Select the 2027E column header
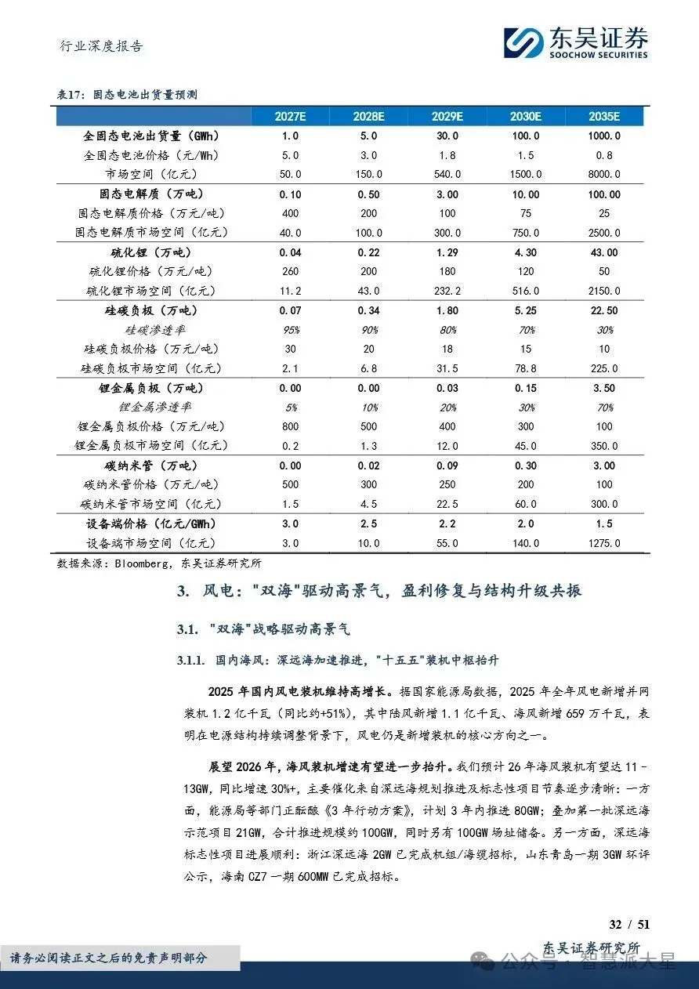(290, 117)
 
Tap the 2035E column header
(603, 117)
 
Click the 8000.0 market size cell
(603, 174)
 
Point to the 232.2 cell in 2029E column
(447, 291)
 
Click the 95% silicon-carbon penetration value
(290, 330)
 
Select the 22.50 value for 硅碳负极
(603, 310)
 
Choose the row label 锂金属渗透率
(155, 408)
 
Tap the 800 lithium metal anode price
(290, 426)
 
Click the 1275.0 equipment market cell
(603, 543)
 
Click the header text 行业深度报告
(102, 46)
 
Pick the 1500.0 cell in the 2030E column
(525, 174)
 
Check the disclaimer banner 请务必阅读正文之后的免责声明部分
(119, 958)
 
